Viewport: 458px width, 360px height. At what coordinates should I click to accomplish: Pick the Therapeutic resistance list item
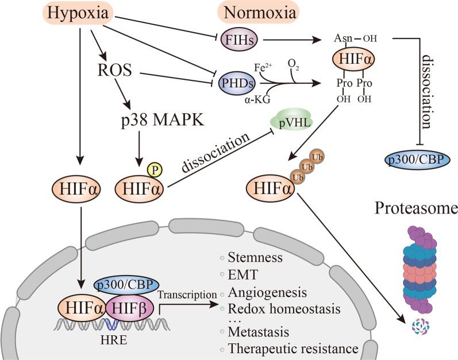293,348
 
